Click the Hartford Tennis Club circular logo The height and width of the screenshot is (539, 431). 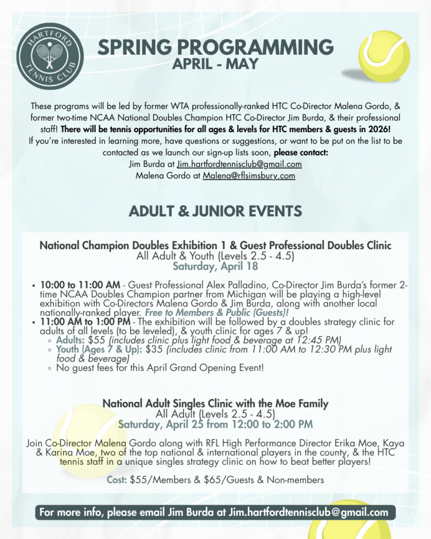(50, 54)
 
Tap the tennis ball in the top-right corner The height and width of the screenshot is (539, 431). (384, 56)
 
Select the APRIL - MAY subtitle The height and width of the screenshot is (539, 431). (216, 65)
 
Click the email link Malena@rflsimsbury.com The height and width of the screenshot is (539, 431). (249, 176)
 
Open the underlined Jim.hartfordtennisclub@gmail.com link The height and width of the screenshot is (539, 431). (239, 164)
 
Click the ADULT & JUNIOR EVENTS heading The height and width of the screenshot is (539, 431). (215, 211)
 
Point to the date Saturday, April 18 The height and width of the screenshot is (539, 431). (215, 266)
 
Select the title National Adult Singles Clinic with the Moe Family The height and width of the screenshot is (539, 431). (215, 404)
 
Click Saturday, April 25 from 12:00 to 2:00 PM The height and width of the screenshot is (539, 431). (215, 424)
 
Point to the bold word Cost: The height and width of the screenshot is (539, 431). (117, 480)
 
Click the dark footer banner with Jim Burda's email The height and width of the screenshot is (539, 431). (215, 512)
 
